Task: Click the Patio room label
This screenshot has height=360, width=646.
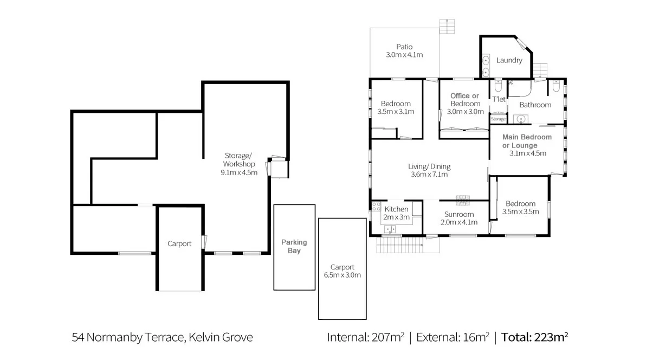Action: click(x=404, y=47)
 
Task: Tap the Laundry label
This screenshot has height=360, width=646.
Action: click(x=509, y=60)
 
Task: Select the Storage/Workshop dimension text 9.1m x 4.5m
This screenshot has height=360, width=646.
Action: click(x=238, y=172)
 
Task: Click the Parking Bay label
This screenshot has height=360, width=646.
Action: click(x=294, y=246)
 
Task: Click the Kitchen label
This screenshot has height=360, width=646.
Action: click(x=396, y=209)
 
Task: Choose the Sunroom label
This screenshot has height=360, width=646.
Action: click(x=458, y=214)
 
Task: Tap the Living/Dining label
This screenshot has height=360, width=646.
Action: click(x=429, y=166)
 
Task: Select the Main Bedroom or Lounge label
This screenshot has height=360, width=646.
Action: click(x=527, y=141)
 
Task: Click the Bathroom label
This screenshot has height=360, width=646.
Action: click(x=535, y=105)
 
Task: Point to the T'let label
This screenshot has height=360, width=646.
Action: click(x=499, y=99)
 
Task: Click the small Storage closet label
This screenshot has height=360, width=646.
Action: click(x=498, y=119)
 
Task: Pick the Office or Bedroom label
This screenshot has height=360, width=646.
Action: click(x=465, y=100)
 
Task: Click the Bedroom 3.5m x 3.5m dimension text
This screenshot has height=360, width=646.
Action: click(x=520, y=211)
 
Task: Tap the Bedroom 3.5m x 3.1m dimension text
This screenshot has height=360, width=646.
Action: click(x=396, y=112)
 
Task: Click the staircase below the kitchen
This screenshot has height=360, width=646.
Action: click(x=400, y=246)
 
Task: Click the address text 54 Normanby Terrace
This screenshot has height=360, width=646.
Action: click(x=162, y=337)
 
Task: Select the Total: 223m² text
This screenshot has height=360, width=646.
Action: click(x=534, y=337)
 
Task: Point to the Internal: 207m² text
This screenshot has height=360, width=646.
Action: click(x=365, y=337)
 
